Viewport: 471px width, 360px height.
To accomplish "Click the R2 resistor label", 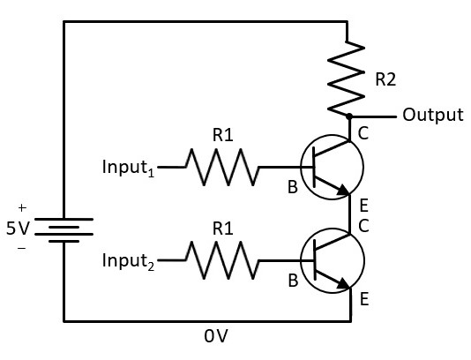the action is coord(385,79).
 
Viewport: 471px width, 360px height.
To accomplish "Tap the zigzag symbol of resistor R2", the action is coord(346,79).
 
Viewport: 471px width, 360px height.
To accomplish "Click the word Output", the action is coord(433,115).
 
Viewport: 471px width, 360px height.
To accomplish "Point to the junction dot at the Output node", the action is coord(349,116).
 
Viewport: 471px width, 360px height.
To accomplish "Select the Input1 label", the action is coord(128,167).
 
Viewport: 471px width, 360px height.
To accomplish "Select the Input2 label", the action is coord(128,260).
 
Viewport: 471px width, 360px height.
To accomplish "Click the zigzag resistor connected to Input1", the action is coord(222,167).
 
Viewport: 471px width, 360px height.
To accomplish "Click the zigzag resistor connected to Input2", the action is coord(222,260).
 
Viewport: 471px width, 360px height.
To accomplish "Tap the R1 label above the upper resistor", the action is coord(222,135).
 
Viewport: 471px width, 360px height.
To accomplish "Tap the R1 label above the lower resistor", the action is coord(222,229).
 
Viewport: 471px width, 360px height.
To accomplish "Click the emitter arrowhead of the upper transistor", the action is coord(343,191).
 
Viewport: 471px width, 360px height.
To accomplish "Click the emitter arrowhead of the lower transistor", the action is coord(343,283).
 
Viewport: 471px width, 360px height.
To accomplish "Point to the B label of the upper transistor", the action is coord(293,187).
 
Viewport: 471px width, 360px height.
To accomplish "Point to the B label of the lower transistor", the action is coord(293,281).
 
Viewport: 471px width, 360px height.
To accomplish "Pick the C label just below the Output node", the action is coord(363,133).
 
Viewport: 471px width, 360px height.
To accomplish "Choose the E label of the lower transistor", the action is coord(364,299).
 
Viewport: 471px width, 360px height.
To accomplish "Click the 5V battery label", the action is coord(18,229).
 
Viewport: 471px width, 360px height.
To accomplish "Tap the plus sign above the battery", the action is coord(22,207).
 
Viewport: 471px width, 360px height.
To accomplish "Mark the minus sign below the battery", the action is coord(22,248).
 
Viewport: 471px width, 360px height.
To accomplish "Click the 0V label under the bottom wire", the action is coord(216,336).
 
